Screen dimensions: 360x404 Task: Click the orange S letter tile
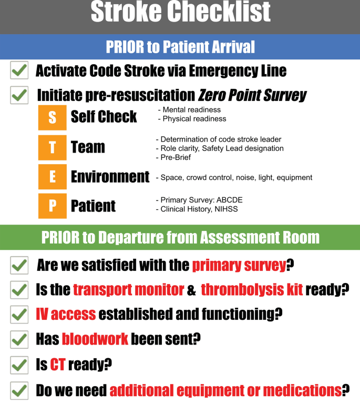[x=52, y=117]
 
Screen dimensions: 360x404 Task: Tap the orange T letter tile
[x=52, y=148]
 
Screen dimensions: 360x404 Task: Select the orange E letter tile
[x=52, y=177]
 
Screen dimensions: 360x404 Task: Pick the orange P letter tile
[x=52, y=206]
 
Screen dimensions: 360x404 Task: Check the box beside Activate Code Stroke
[x=19, y=70]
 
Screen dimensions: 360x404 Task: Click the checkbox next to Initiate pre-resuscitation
[x=19, y=95]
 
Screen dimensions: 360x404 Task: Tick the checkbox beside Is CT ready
[x=19, y=365]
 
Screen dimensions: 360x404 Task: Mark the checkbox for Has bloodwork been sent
[x=19, y=340]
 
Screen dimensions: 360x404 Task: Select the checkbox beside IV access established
[x=19, y=315]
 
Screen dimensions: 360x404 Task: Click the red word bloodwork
[x=95, y=339]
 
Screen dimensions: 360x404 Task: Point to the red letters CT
[x=58, y=365]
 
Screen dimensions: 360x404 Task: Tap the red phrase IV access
[x=66, y=314]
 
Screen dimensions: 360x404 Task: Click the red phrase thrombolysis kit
[x=252, y=290]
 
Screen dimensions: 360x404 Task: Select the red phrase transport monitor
[x=128, y=290]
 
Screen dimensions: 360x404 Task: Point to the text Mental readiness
[x=192, y=110]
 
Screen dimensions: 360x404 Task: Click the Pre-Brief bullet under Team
[x=173, y=157]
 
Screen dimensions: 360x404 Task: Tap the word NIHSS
[x=226, y=209]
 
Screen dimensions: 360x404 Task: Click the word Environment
[x=110, y=177]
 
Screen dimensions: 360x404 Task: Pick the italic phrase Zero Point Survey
[x=252, y=95]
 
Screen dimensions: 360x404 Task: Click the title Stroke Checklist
[x=180, y=12]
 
